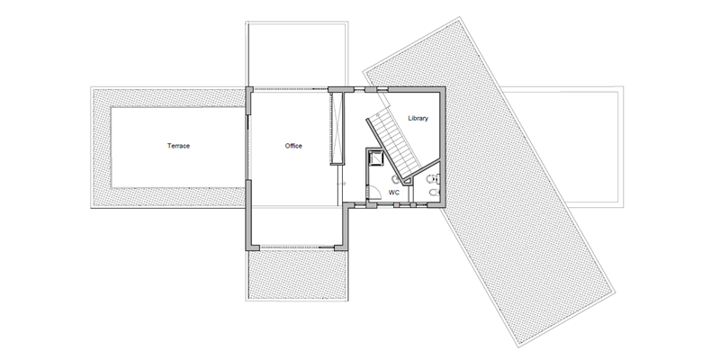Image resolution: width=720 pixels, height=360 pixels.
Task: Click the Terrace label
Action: tap(178, 146)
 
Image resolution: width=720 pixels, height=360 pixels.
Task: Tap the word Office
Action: tap(293, 146)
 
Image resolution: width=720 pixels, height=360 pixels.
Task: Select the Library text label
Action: tap(418, 118)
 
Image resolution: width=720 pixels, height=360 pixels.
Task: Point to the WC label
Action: tap(394, 193)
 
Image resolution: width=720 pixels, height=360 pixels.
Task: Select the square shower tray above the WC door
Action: tap(376, 157)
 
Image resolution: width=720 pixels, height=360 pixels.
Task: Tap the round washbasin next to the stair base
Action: tap(395, 178)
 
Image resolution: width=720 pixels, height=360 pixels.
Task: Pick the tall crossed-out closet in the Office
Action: tap(337, 128)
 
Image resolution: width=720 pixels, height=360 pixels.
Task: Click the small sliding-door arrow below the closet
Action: tap(343, 184)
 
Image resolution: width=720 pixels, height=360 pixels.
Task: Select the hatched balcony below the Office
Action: tap(297, 275)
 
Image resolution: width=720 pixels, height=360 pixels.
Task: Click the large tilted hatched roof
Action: tap(489, 182)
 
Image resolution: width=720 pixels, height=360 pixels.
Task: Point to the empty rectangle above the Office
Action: tap(297, 55)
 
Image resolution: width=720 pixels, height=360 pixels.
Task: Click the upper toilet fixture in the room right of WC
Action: tap(433, 178)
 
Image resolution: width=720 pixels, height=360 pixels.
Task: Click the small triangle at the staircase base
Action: tap(407, 182)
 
